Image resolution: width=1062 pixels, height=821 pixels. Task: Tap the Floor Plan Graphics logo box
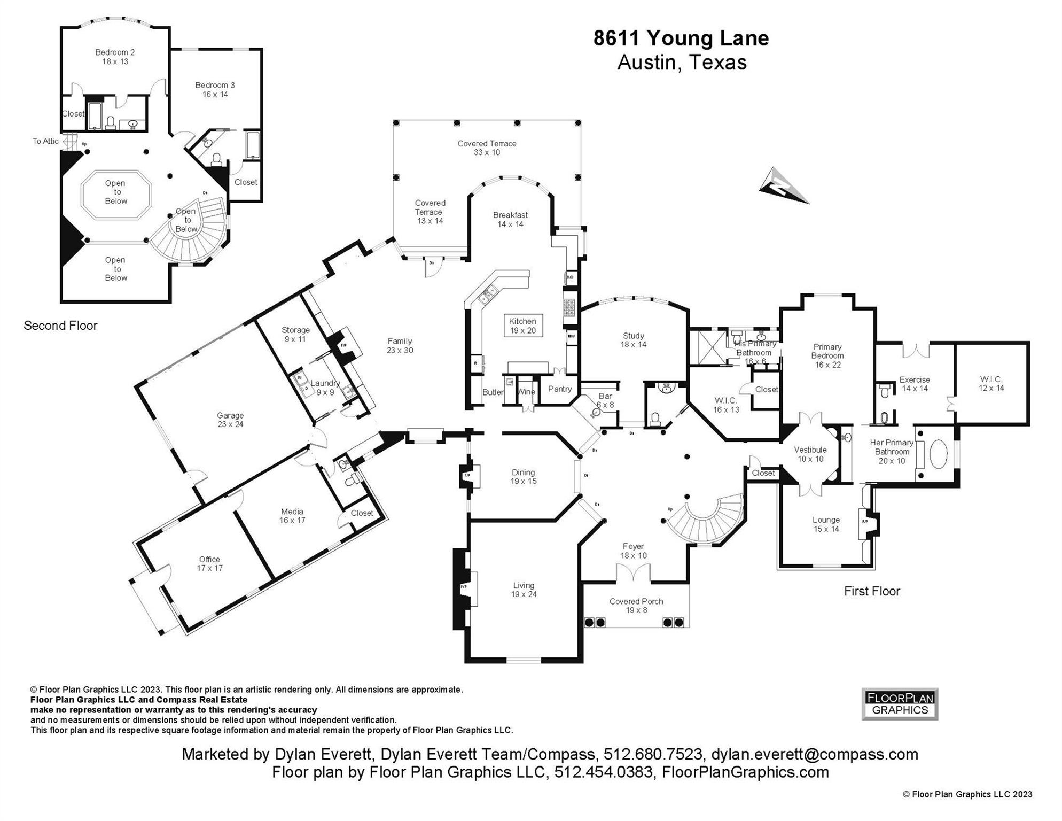click(900, 704)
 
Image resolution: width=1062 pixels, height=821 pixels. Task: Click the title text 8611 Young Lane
click(681, 38)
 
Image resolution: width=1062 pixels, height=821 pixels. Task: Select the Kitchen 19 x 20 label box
click(523, 326)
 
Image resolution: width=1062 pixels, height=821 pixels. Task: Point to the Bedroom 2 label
click(115, 57)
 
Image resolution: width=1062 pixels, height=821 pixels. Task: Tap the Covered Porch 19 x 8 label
click(636, 606)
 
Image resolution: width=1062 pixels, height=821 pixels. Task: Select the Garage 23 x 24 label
click(230, 420)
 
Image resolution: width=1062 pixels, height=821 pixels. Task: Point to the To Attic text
click(45, 141)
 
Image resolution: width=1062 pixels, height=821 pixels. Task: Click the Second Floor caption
click(60, 326)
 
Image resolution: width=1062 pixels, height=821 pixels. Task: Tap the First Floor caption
click(872, 591)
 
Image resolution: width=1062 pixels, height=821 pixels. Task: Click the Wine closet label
click(526, 392)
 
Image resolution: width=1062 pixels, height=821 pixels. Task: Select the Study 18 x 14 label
click(633, 340)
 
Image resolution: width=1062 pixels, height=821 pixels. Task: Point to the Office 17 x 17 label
click(209, 563)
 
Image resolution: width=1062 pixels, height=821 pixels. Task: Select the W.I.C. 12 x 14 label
click(991, 384)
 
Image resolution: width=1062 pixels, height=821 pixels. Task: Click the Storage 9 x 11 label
click(295, 335)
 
